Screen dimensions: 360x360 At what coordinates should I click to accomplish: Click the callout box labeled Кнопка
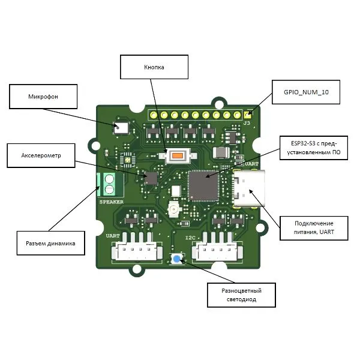click(x=154, y=67)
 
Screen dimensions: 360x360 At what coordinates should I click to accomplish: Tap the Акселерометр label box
click(x=41, y=155)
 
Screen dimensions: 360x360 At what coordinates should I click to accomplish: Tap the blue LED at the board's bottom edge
click(x=178, y=259)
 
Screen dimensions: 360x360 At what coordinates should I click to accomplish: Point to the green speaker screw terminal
click(x=109, y=184)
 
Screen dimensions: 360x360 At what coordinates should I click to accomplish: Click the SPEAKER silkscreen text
click(x=111, y=202)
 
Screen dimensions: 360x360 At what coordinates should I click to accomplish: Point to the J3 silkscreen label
click(x=246, y=123)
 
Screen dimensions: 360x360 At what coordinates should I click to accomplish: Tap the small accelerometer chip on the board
click(x=151, y=178)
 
